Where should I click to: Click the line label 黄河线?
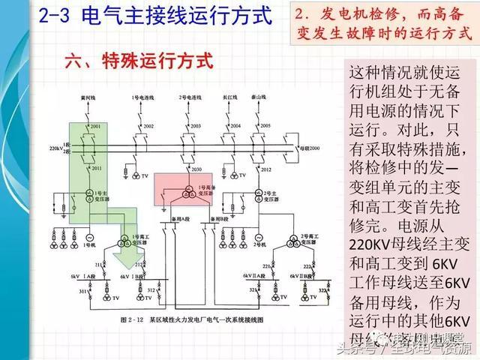pyautogui.click(x=86, y=98)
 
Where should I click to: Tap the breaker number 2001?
pyautogui.click(x=95, y=127)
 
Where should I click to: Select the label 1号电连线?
pyautogui.click(x=142, y=98)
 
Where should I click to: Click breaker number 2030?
pyautogui.click(x=196, y=170)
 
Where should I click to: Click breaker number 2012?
pyautogui.click(x=271, y=170)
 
